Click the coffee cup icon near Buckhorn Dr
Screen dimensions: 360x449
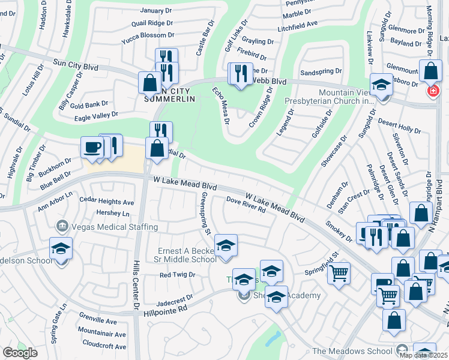tap(92, 148)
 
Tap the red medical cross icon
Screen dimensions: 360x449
tap(432, 91)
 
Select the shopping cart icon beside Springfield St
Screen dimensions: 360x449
tap(339, 274)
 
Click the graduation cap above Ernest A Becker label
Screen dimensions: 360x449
tap(226, 245)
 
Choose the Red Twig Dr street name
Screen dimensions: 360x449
tap(177, 275)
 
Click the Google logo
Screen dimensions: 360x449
tap(20, 353)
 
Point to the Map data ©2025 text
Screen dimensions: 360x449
tap(424, 355)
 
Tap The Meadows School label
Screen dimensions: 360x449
tap(352, 351)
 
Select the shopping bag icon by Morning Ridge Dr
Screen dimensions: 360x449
tap(430, 71)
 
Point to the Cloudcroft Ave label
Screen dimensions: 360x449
tap(103, 346)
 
